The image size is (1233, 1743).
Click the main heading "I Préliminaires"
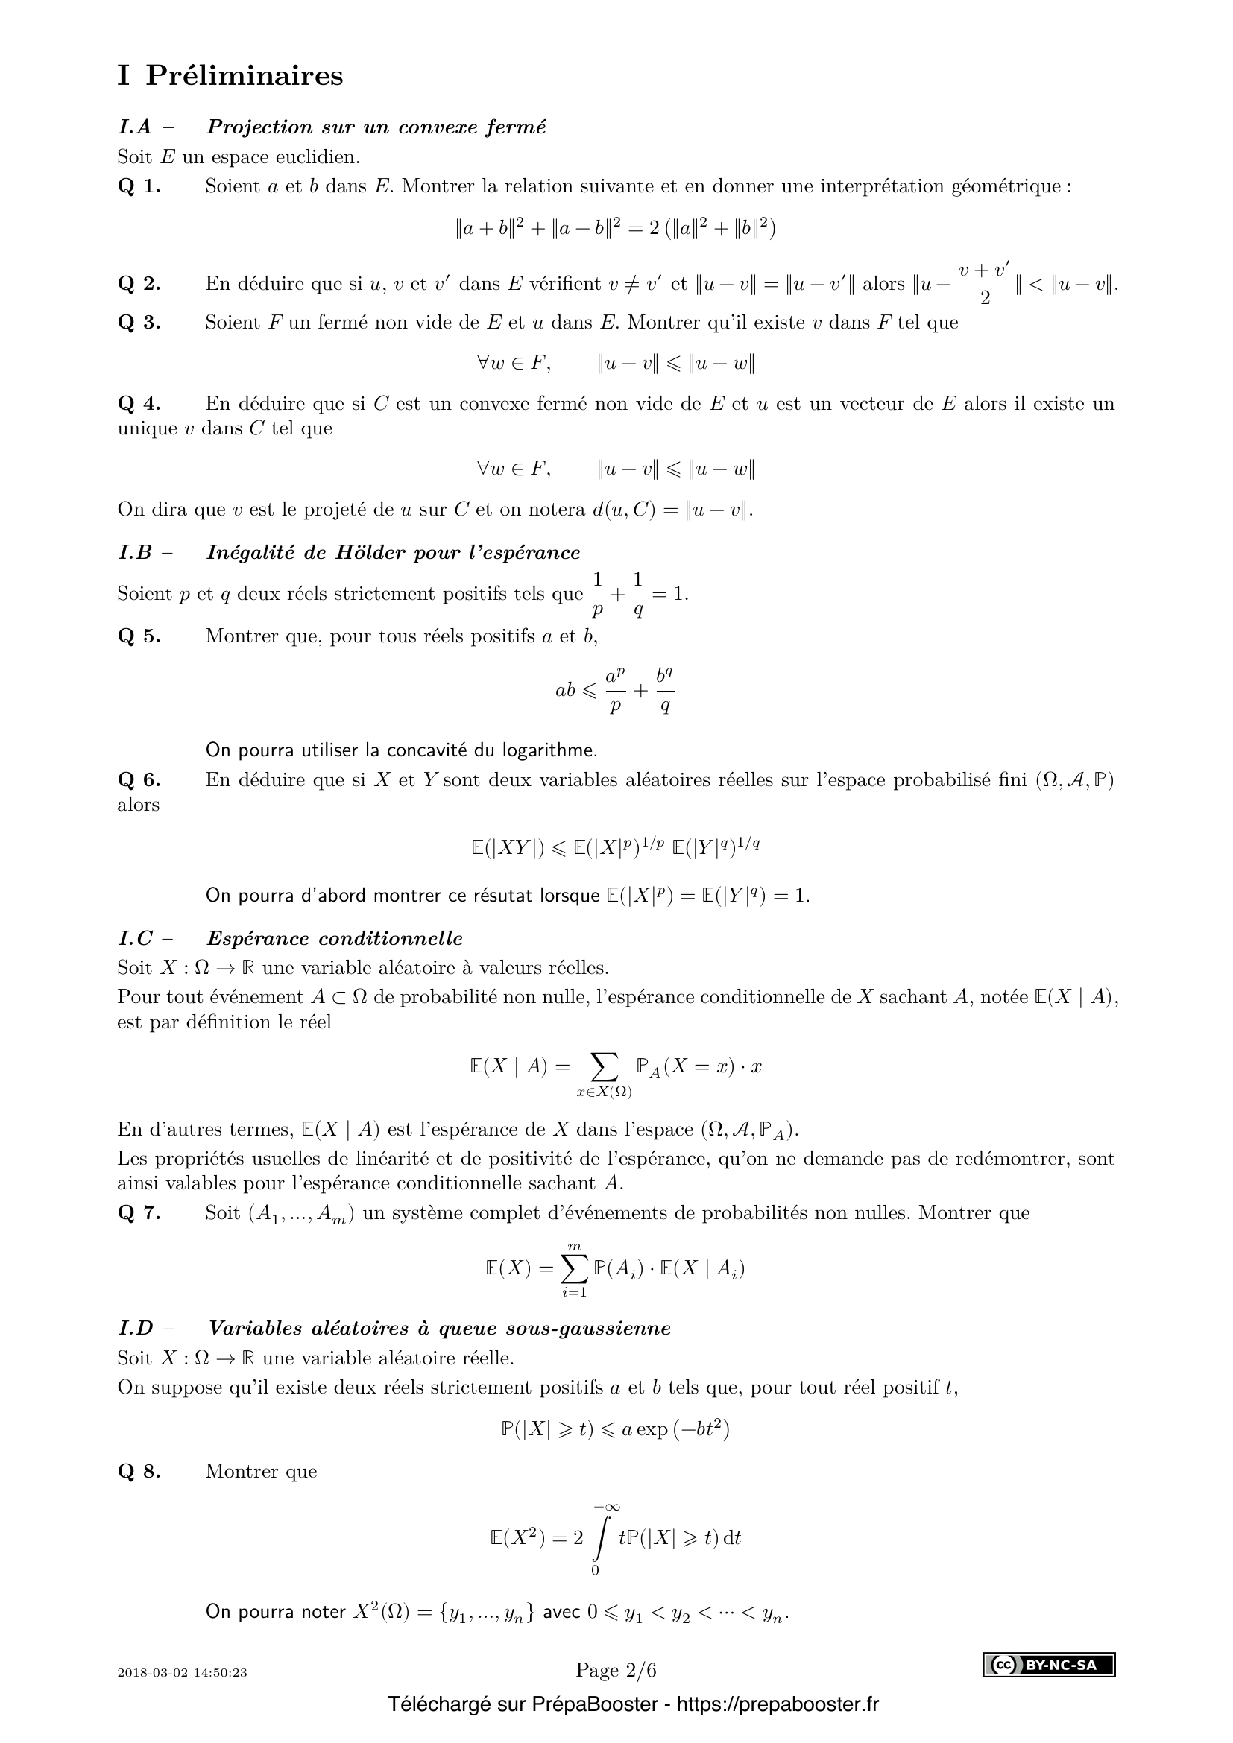pos(230,76)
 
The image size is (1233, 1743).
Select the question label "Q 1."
pos(139,187)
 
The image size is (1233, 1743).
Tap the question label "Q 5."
pos(139,636)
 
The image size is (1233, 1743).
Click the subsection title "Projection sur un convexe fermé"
pos(376,127)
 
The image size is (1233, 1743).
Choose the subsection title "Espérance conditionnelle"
pos(335,939)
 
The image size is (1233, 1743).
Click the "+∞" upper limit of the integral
pos(608,1507)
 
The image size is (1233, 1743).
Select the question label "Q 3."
pos(139,323)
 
